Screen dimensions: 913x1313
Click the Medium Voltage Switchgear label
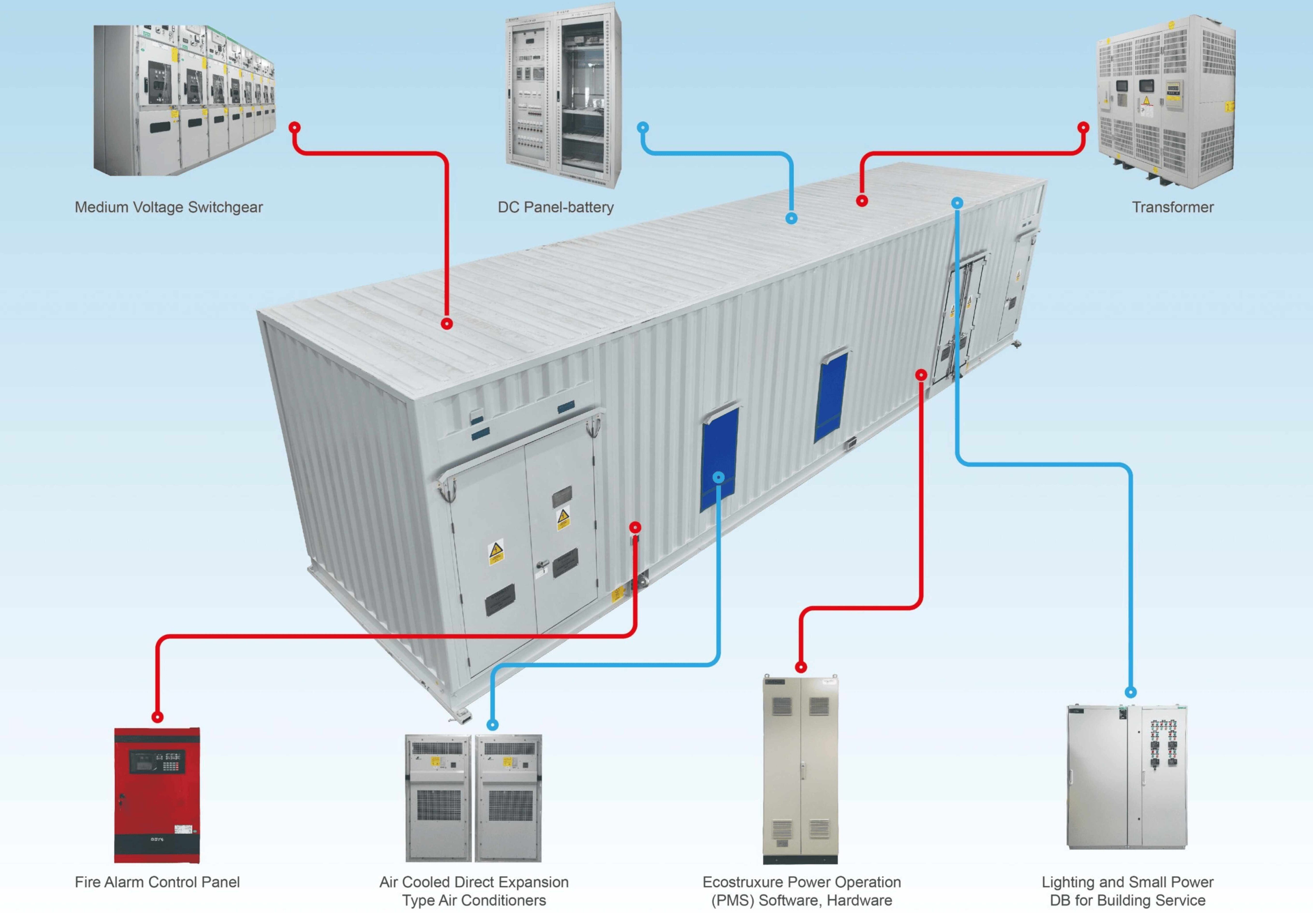pos(169,207)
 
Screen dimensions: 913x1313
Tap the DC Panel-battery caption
pos(555,207)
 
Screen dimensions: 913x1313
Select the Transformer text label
pos(1172,207)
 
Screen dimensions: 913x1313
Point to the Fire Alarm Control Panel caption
pos(157,882)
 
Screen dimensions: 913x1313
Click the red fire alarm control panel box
pos(157,795)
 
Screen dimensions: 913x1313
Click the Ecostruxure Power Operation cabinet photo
pos(801,769)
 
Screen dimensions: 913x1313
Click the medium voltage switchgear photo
pos(184,100)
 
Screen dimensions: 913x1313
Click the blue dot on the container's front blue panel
pos(719,477)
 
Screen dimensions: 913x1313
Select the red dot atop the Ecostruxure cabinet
pos(801,667)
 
